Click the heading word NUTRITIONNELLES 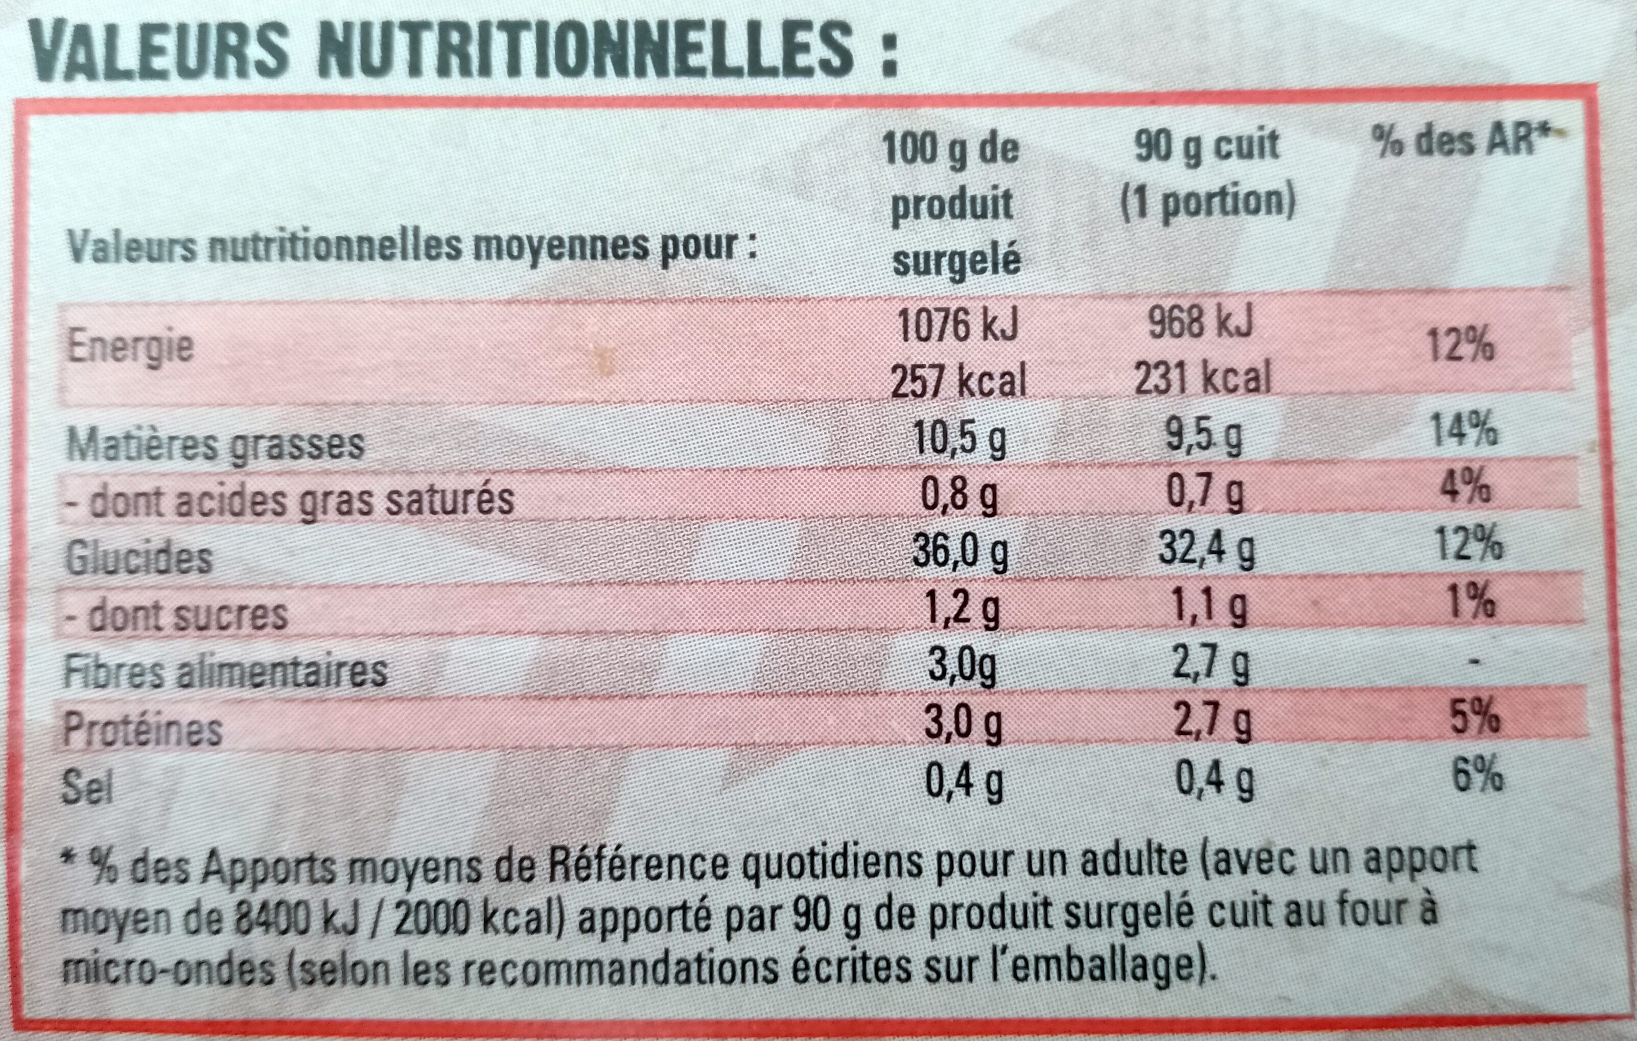(584, 51)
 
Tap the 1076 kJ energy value (957, 325)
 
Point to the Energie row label (130, 347)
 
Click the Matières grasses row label (216, 444)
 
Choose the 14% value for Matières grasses (1463, 430)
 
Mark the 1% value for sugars (1471, 602)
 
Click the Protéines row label (143, 730)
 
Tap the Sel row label (87, 786)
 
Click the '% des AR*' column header (1462, 142)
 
